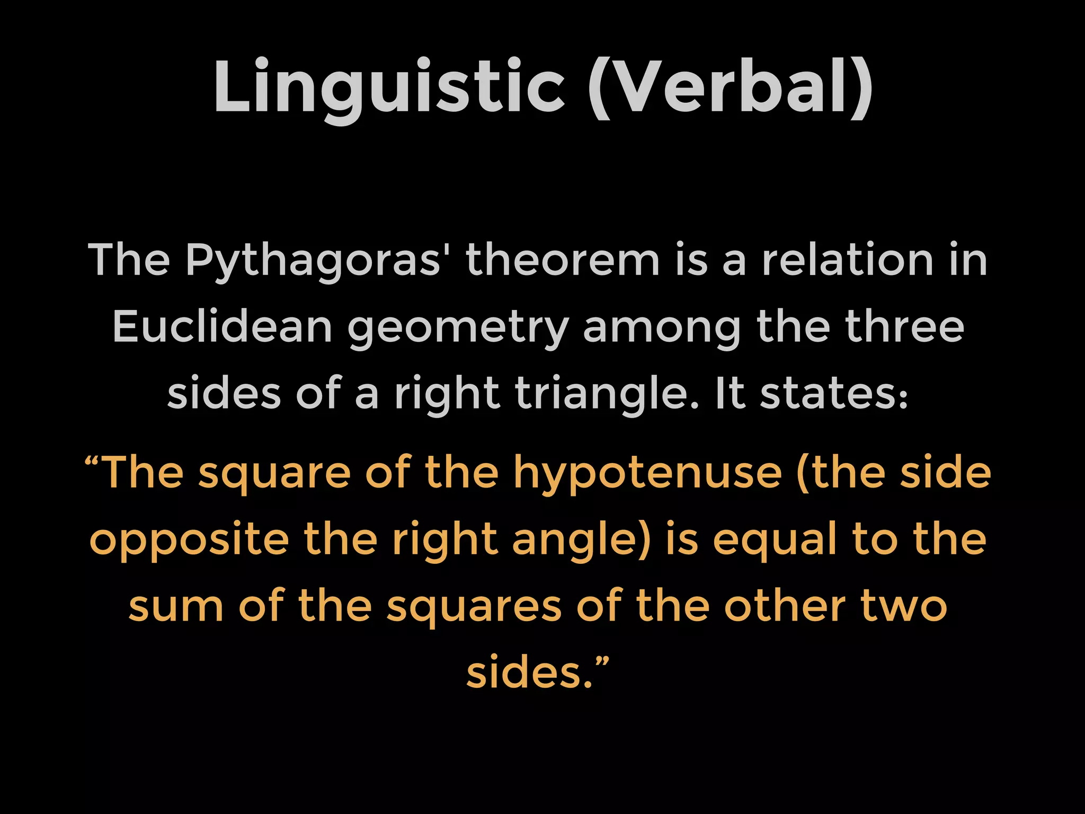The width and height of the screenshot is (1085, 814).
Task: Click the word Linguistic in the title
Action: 389,87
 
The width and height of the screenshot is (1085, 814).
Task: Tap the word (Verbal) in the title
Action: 731,87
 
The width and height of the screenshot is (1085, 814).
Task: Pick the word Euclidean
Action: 223,326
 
